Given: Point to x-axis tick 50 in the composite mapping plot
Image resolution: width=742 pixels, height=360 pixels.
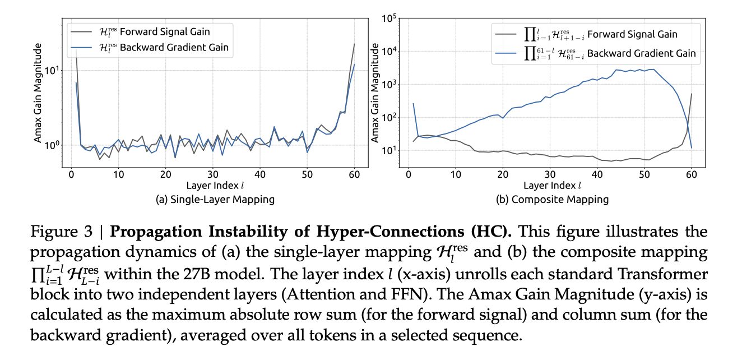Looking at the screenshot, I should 643,175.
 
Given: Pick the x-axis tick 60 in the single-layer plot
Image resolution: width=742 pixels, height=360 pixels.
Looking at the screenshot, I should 354,175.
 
